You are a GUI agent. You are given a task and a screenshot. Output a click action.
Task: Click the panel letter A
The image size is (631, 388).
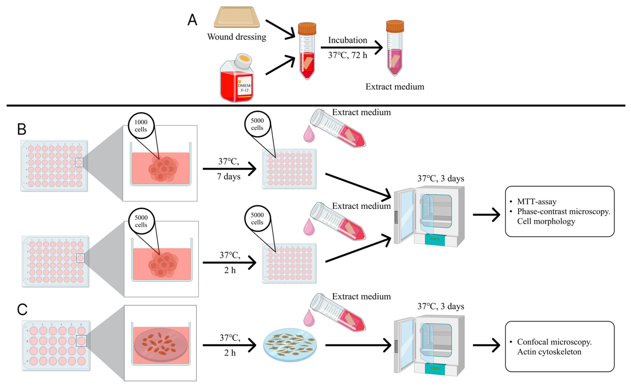(x=192, y=20)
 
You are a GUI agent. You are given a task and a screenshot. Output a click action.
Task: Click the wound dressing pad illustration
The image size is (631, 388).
(x=237, y=17)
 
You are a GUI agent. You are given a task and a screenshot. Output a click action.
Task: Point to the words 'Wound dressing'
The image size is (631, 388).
(x=237, y=37)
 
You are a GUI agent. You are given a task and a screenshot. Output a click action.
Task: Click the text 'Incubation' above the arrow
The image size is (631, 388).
(x=348, y=40)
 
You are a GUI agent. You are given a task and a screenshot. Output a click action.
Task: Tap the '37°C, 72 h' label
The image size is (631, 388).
(x=348, y=55)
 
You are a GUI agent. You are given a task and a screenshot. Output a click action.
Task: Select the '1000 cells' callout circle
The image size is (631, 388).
(x=141, y=126)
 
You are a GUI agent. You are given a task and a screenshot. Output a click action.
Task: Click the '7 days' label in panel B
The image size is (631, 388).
(x=229, y=176)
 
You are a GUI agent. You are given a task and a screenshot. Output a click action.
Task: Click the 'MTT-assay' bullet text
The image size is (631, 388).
(x=537, y=202)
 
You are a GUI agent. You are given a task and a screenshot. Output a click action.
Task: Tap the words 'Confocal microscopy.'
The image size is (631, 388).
(x=554, y=342)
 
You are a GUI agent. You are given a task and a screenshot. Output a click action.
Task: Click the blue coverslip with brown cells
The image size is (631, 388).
(x=290, y=345)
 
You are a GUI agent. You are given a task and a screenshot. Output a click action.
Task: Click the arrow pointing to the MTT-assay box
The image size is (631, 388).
(x=486, y=215)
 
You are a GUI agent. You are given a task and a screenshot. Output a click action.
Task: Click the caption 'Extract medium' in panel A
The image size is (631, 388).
(x=395, y=87)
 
